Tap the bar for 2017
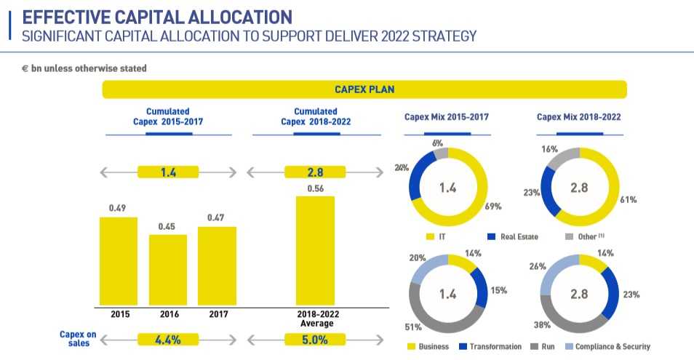tap(217, 265)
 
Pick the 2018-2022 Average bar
tap(315, 250)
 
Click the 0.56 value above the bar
tap(315, 188)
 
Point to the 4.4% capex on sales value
tap(168, 339)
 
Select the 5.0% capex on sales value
tap(315, 339)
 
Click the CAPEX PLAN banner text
tap(364, 89)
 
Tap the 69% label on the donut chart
tap(493, 207)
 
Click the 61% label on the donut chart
tap(629, 199)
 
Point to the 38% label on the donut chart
tap(542, 327)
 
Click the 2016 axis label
tap(167, 315)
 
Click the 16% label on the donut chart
tap(550, 149)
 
